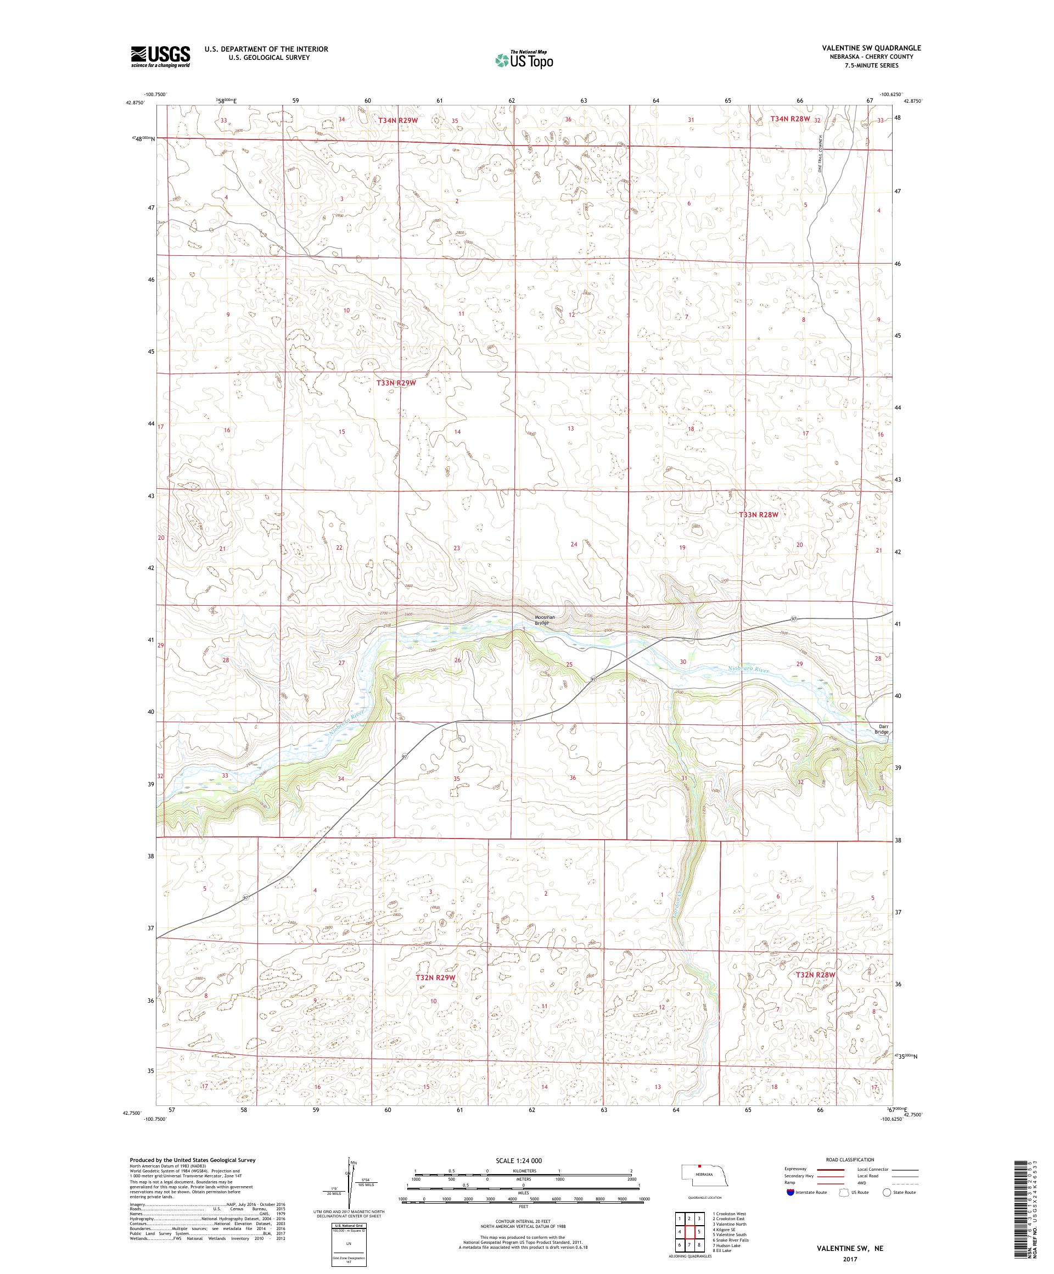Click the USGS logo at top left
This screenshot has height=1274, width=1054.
tap(160, 57)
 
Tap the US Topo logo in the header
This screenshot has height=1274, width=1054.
tap(525, 59)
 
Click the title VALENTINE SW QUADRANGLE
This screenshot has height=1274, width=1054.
tap(871, 47)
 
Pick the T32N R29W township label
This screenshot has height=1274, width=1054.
tap(435, 995)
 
